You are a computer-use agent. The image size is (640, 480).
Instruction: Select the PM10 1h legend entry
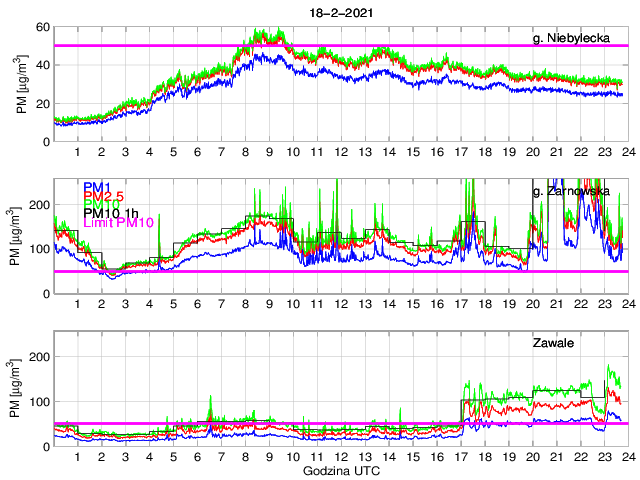[113, 213]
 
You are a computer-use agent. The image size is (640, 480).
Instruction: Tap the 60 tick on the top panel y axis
[43, 26]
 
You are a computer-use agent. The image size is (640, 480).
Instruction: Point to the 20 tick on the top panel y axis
[43, 103]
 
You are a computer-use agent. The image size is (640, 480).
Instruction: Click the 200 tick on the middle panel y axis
[40, 204]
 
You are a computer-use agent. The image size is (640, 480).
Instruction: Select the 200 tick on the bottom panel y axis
[40, 356]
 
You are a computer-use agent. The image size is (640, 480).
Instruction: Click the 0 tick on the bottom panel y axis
[47, 446]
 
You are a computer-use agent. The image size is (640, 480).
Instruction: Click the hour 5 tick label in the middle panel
[173, 304]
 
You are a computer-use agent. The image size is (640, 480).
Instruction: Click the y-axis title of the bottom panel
[16, 389]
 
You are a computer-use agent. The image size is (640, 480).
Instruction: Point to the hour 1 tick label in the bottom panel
[77, 457]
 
